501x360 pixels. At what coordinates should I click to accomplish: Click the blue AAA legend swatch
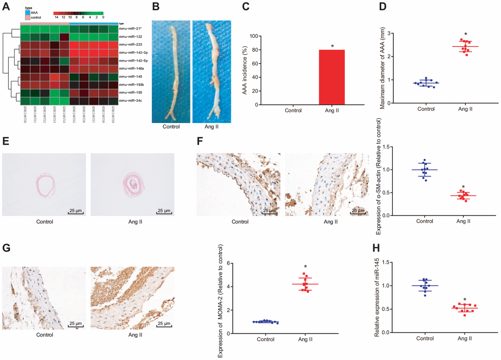click(28, 13)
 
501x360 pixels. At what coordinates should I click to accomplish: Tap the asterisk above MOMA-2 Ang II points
click(306, 267)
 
